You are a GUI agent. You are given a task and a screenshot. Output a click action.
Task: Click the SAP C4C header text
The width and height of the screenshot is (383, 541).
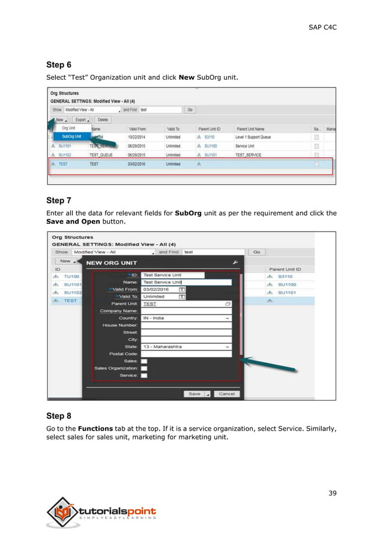[322, 27]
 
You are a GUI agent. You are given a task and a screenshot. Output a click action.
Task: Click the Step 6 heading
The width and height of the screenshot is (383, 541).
[59, 65]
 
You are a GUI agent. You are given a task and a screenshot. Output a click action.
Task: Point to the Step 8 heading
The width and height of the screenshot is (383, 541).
[59, 415]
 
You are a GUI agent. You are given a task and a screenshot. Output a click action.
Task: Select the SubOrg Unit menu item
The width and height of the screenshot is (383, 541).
[71, 136]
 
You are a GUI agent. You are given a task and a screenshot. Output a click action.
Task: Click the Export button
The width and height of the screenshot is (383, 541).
[82, 120]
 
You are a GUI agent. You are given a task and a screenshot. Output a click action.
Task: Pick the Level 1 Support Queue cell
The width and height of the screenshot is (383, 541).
[253, 137]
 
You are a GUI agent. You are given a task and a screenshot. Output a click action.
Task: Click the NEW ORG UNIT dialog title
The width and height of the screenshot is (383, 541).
[112, 263]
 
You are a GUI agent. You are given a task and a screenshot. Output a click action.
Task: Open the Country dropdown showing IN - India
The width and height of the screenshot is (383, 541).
[186, 318]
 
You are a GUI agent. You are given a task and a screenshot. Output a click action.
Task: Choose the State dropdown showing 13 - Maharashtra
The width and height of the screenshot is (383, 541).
[186, 347]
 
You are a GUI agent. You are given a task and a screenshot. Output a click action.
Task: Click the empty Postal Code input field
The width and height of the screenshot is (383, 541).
[186, 354]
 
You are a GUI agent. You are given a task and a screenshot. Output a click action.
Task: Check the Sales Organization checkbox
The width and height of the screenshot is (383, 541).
[144, 368]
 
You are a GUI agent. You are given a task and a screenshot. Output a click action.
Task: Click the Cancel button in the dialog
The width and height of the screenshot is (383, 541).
[226, 394]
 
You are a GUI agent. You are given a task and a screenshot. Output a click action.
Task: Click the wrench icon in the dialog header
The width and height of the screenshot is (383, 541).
[235, 262]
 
